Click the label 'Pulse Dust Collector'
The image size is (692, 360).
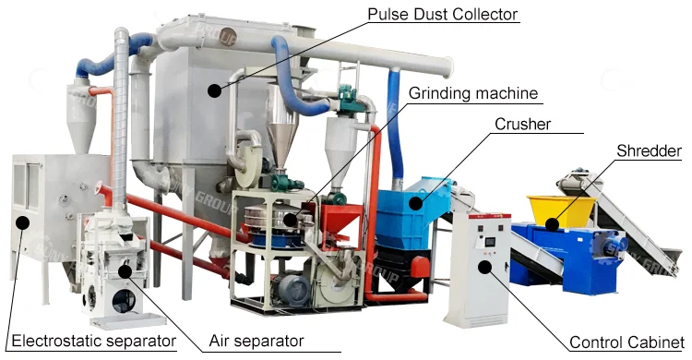[x=442, y=14]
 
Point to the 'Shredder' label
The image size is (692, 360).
[x=649, y=150]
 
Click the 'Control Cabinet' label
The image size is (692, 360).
[x=626, y=342]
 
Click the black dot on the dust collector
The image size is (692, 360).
[x=214, y=90]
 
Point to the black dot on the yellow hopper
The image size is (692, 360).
[x=551, y=222]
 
